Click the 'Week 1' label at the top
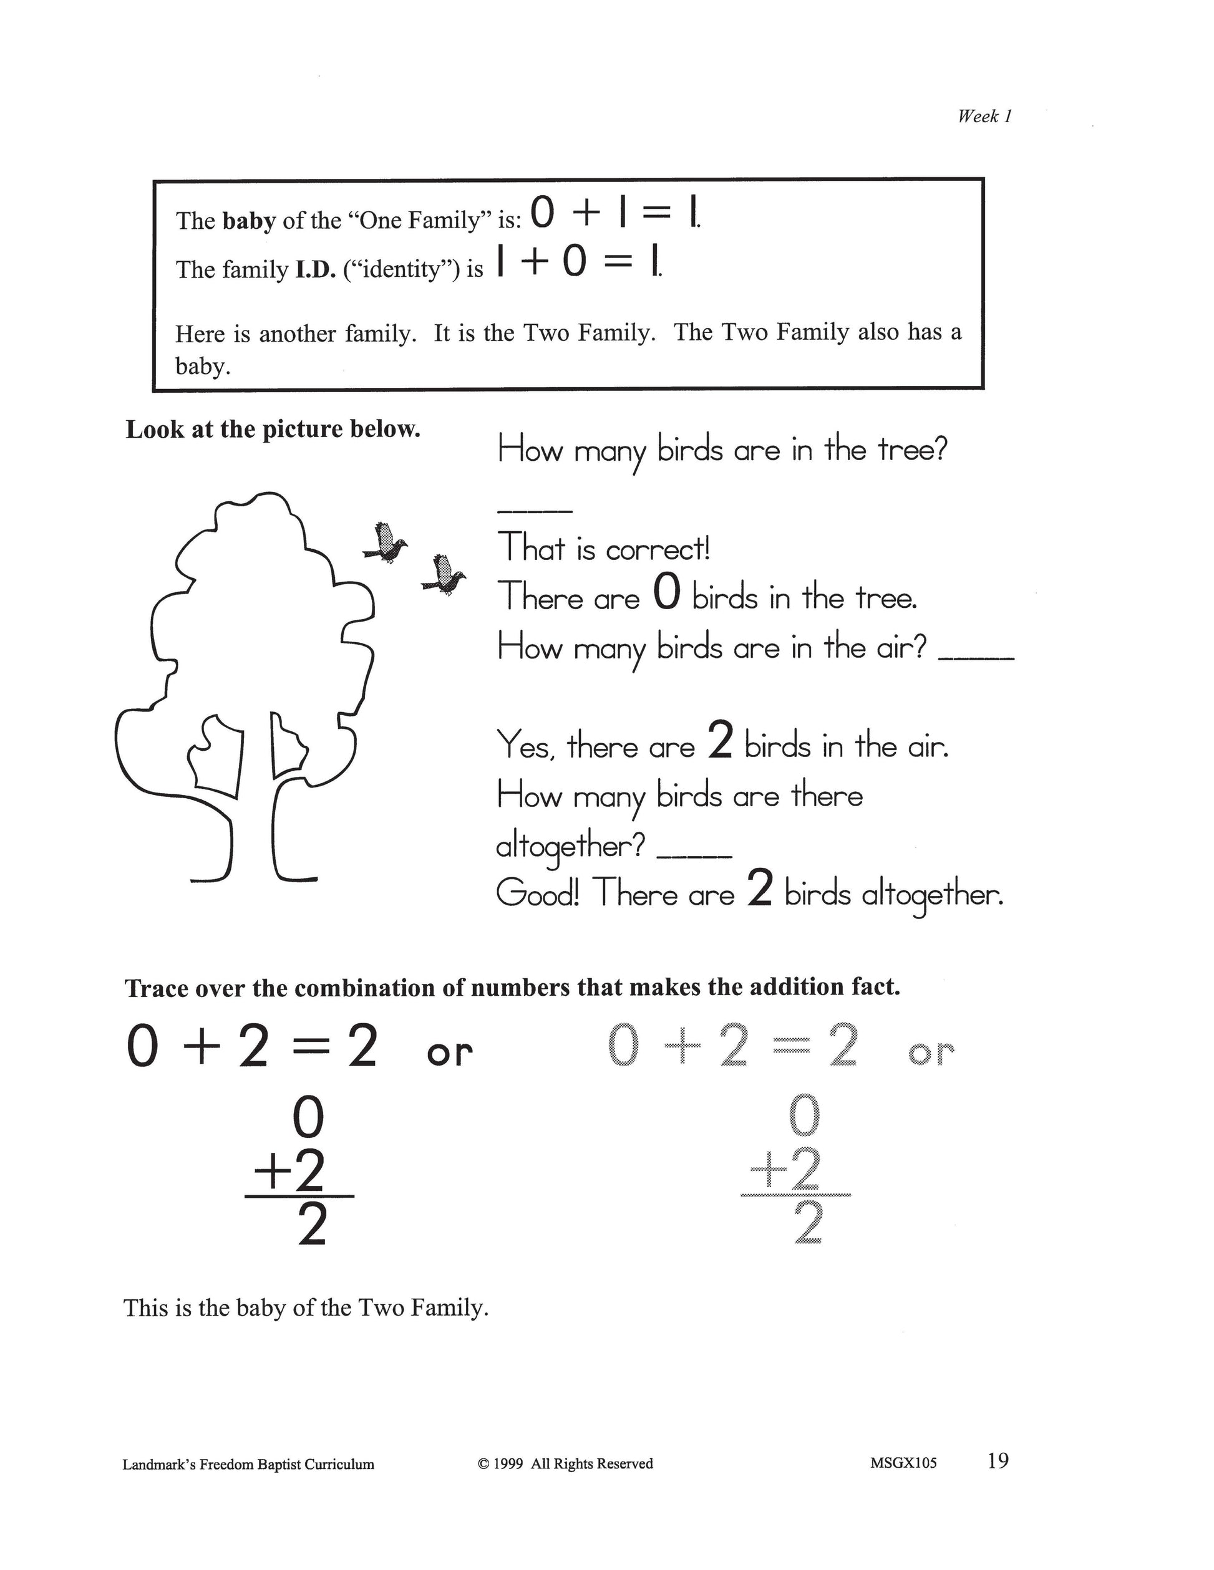(x=984, y=116)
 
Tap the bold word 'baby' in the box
(x=249, y=221)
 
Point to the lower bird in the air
(x=444, y=574)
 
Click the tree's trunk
(x=255, y=827)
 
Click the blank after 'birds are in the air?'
(x=977, y=657)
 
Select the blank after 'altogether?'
(x=694, y=855)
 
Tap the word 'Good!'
(x=537, y=893)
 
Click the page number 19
(x=998, y=1460)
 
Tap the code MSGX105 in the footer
(x=903, y=1463)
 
